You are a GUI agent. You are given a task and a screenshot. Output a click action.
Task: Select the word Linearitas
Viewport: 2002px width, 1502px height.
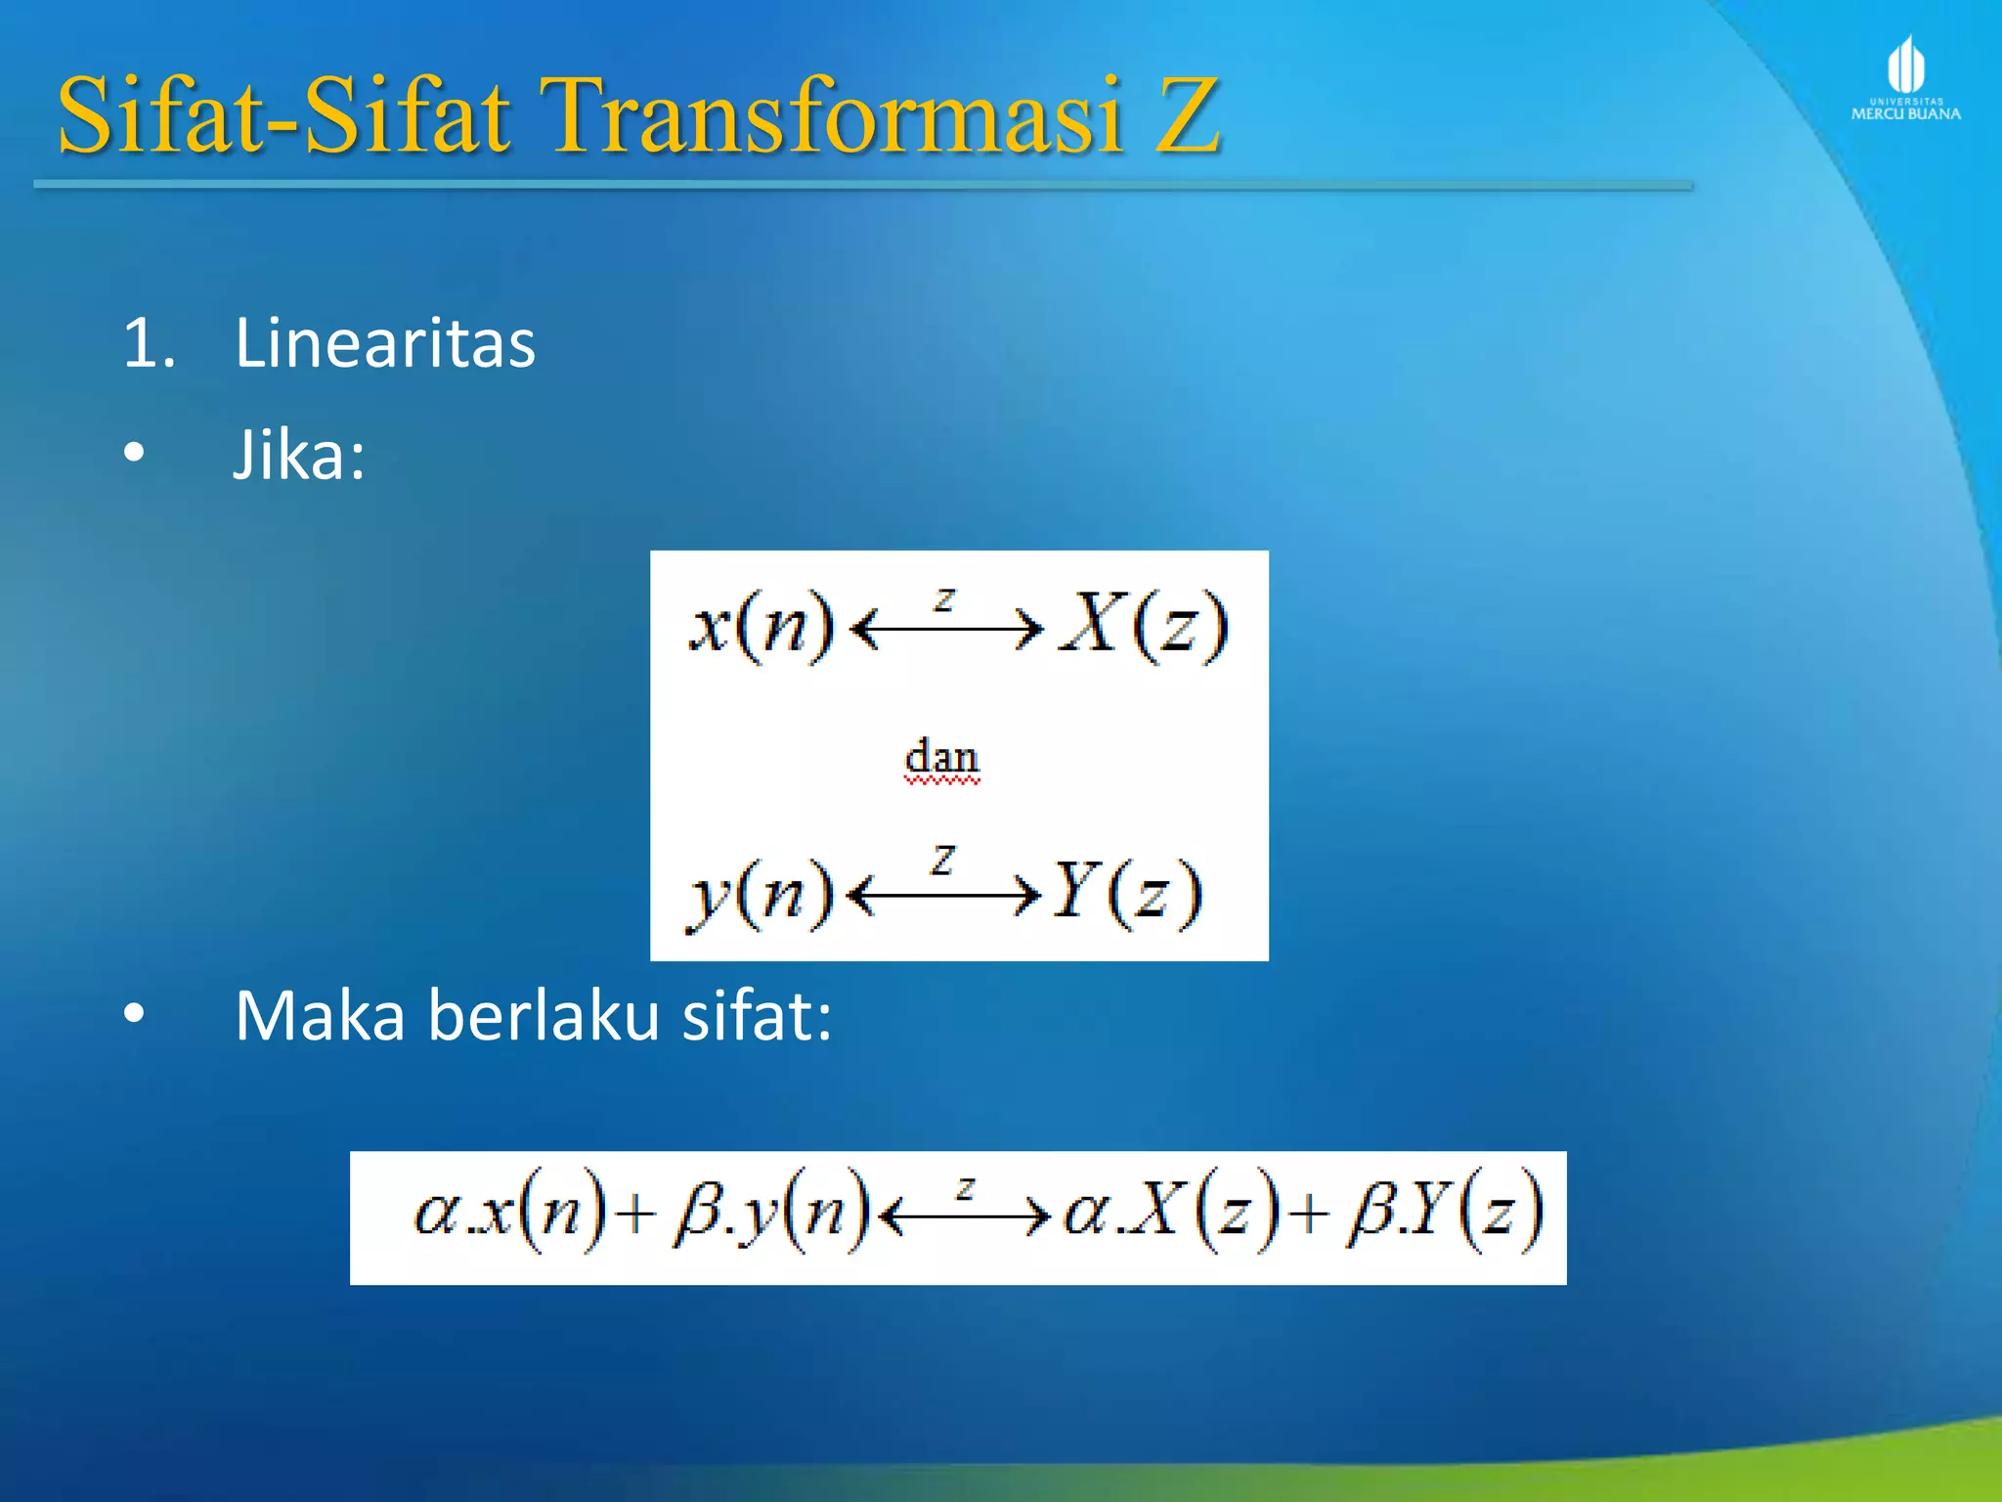pyautogui.click(x=385, y=343)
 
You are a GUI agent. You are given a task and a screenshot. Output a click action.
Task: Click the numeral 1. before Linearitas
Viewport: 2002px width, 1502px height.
pyautogui.click(x=149, y=344)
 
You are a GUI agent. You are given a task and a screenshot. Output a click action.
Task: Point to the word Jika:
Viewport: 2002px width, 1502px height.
pyautogui.click(x=299, y=456)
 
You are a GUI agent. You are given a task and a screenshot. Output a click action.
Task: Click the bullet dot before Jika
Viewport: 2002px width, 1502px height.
pyautogui.click(x=134, y=453)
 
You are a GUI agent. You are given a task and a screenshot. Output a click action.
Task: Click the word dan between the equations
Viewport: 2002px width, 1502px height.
pyautogui.click(x=941, y=758)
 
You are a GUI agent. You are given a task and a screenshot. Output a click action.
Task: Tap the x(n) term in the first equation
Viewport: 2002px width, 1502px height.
pyautogui.click(x=762, y=626)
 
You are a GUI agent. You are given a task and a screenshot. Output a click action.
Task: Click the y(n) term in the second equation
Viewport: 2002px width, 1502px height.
pyautogui.click(x=759, y=893)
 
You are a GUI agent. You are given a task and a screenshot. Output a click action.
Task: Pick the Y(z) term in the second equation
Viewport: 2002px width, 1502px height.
pyautogui.click(x=1127, y=893)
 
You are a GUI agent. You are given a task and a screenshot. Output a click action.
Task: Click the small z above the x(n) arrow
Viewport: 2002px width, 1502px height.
pyautogui.click(x=943, y=599)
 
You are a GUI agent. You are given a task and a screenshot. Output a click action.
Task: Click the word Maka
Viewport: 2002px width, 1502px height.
pyautogui.click(x=320, y=1015)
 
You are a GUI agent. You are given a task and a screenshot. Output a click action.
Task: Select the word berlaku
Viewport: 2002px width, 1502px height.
pyautogui.click(x=544, y=1015)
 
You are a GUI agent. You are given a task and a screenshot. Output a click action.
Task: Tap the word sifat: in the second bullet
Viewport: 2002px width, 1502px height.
pyautogui.click(x=757, y=1015)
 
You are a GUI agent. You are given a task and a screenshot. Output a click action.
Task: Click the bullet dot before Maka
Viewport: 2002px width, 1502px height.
pyautogui.click(x=134, y=1014)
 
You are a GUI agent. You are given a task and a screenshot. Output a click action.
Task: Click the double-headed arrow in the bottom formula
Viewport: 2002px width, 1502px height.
pyautogui.click(x=964, y=1215)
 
